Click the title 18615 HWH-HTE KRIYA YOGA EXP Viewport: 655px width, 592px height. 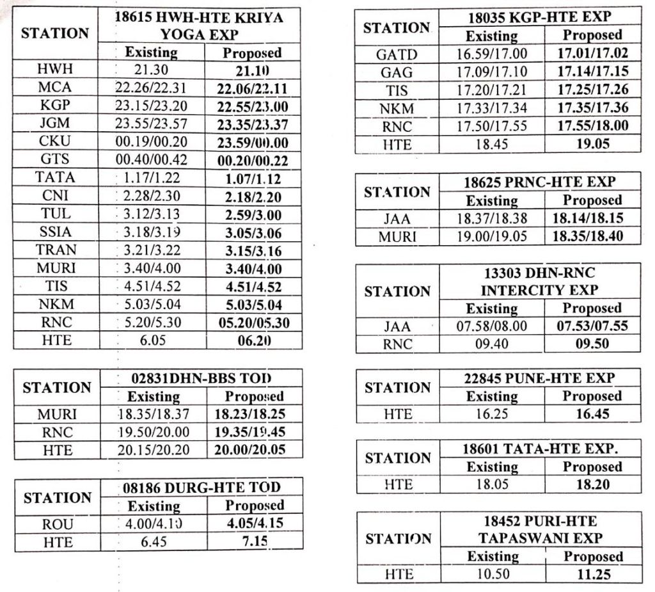199,26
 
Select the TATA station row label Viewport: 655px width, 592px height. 55,177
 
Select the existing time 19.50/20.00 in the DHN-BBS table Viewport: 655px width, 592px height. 153,431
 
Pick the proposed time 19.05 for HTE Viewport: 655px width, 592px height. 592,144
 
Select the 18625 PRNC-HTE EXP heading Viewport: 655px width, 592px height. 541,182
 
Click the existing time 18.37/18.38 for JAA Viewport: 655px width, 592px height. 491,218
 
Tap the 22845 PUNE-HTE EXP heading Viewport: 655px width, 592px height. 541,378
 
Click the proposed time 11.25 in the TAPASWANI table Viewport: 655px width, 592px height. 592,574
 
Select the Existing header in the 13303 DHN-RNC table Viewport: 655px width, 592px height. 491,308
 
